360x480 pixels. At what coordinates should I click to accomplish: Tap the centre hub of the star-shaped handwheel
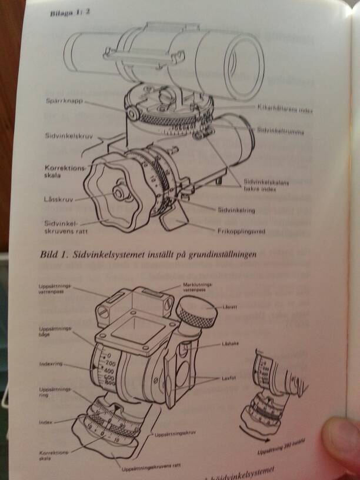point(120,192)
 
